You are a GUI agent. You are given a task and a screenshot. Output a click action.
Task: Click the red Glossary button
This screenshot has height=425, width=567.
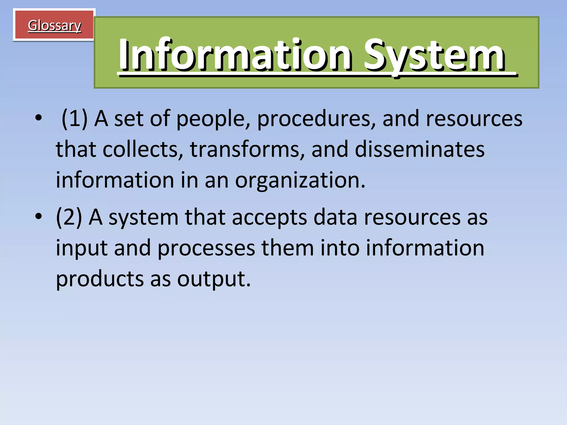(x=54, y=25)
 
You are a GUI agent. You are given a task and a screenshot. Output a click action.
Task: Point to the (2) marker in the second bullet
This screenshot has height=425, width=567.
(x=69, y=217)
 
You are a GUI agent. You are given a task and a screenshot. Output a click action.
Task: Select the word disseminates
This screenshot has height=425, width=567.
(x=420, y=149)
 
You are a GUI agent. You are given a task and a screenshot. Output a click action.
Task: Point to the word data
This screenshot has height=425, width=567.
(x=335, y=217)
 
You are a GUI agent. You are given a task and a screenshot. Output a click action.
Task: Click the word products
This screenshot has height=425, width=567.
(x=100, y=279)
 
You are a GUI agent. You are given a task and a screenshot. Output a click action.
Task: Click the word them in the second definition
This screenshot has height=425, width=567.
(x=288, y=248)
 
